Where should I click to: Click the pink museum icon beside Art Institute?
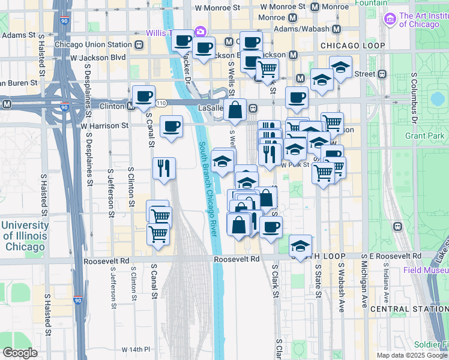coord(391,20)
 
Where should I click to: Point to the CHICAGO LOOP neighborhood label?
coord(352,46)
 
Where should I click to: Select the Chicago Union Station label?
coord(93,44)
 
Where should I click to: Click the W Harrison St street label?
coord(104,126)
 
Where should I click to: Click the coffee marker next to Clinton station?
coord(143,96)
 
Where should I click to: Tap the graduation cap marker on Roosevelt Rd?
coord(300,245)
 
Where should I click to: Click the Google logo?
coord(20,353)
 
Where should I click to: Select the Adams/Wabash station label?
coord(301,29)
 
